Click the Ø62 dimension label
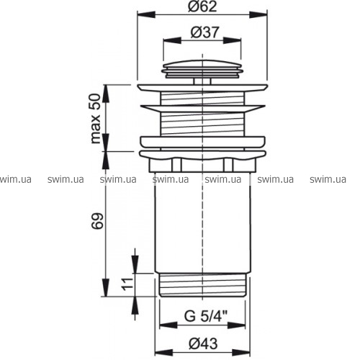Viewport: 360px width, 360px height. coord(202,6)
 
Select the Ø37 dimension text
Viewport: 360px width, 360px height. coord(204,32)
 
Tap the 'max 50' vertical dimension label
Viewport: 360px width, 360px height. coord(96,119)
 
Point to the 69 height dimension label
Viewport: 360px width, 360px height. coord(97,220)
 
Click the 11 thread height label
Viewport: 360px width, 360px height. coord(127,284)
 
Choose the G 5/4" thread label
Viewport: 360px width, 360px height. coord(206,316)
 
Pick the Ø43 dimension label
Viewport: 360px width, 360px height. coord(203,343)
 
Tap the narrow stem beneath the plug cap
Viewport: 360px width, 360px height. coord(202,81)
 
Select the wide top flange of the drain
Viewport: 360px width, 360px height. coord(202,88)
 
